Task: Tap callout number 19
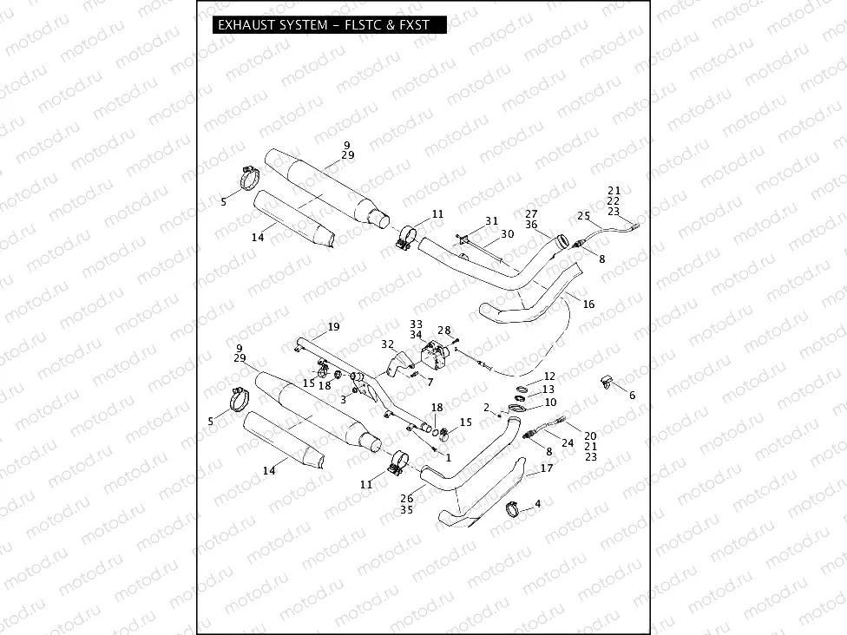point(333,327)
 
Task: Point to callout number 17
point(547,468)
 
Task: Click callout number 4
point(538,503)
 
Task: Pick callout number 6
point(632,395)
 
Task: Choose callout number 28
point(444,330)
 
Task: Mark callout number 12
point(549,376)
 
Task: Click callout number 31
point(491,220)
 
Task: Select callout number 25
point(583,215)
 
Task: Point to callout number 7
point(430,382)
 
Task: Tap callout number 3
point(344,399)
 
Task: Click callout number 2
point(488,407)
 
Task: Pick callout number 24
point(568,442)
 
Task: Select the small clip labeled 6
point(607,380)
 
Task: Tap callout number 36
point(531,225)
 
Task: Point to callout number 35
point(407,511)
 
